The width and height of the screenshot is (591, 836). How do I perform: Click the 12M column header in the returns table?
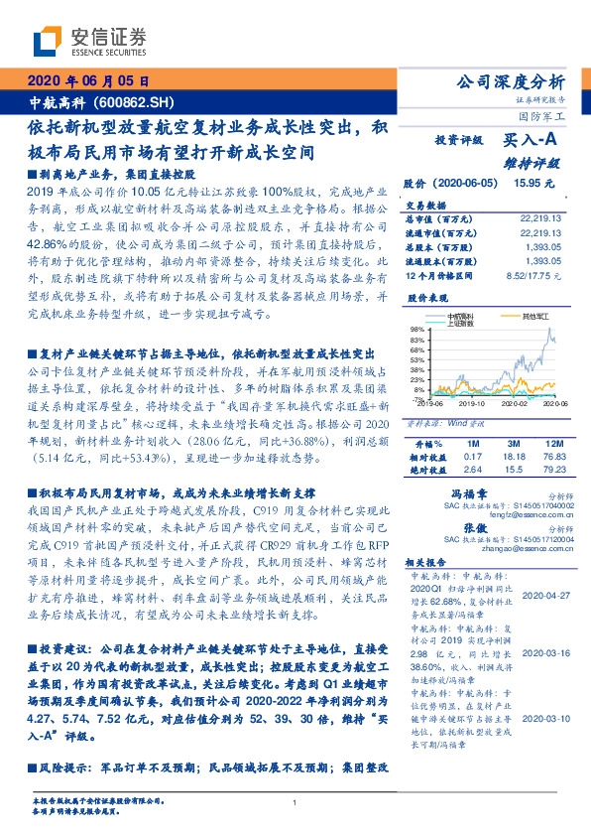pos(553,442)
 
